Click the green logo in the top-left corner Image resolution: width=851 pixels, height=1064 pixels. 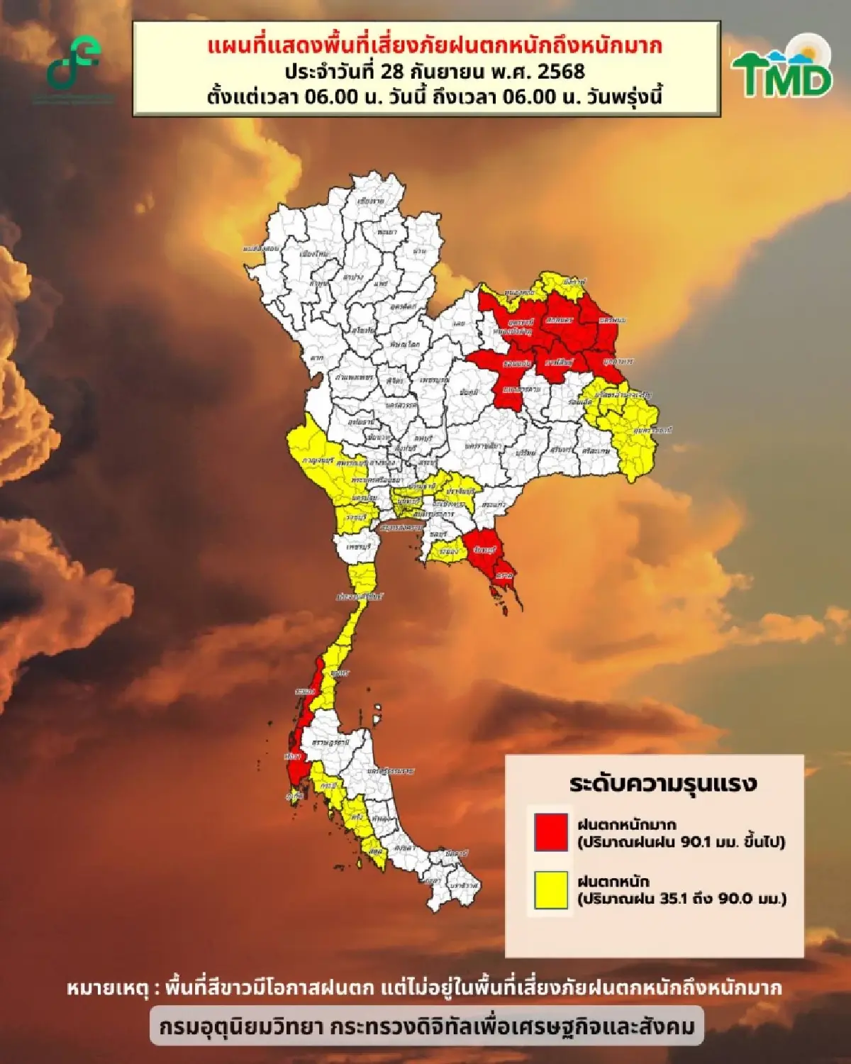[x=74, y=64]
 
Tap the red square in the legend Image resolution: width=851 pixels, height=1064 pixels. [x=551, y=832]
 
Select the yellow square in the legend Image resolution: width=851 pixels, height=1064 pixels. [x=551, y=890]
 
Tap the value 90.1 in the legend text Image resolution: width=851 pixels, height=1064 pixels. [x=699, y=842]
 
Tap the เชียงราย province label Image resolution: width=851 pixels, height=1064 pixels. [x=370, y=201]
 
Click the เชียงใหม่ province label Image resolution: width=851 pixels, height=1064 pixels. [x=311, y=253]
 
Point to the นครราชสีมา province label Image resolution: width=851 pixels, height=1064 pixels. [x=483, y=446]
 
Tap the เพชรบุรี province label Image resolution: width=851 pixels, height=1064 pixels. [x=360, y=548]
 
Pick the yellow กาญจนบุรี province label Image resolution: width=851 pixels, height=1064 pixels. [x=318, y=461]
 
